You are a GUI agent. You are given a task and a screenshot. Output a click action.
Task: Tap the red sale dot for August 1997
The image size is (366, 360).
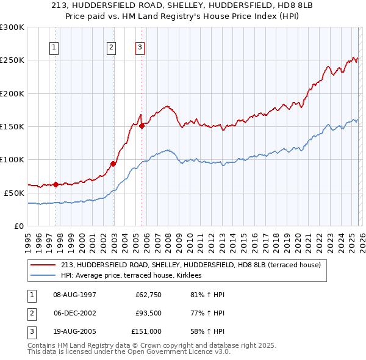click(56, 184)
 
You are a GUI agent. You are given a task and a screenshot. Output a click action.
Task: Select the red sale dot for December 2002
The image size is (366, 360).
click(113, 164)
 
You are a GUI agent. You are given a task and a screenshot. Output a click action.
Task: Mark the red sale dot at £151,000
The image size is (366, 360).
click(142, 126)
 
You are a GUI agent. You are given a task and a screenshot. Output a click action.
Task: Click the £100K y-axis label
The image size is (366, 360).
click(12, 159)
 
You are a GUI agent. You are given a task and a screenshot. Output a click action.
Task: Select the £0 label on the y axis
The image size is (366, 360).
click(18, 226)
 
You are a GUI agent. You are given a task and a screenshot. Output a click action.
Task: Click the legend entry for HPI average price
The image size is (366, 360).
click(135, 275)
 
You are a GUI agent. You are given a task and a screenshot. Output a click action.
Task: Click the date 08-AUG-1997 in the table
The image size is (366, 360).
click(74, 295)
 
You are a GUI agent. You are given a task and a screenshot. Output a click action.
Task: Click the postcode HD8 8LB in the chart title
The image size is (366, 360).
click(287, 7)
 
